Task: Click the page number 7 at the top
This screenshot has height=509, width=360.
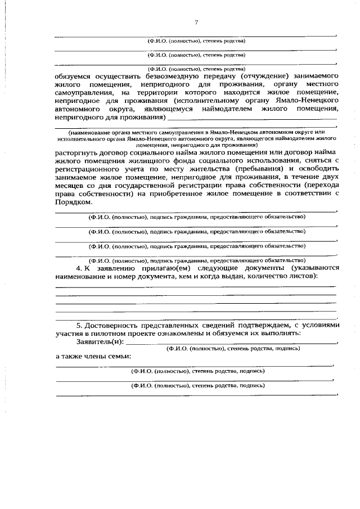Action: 196,23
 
